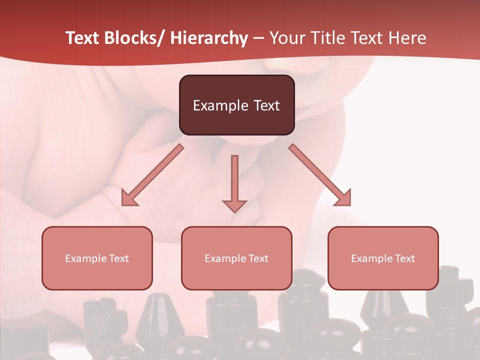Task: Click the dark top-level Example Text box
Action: coord(236,105)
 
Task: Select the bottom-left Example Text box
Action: coord(97,258)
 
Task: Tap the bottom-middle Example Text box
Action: coord(236,258)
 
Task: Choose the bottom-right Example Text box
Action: coord(383,258)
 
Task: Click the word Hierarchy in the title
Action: coord(209,38)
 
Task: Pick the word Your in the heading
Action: coord(286,38)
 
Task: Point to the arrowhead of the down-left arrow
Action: coord(129,198)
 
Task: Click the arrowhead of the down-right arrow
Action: coord(343,198)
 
